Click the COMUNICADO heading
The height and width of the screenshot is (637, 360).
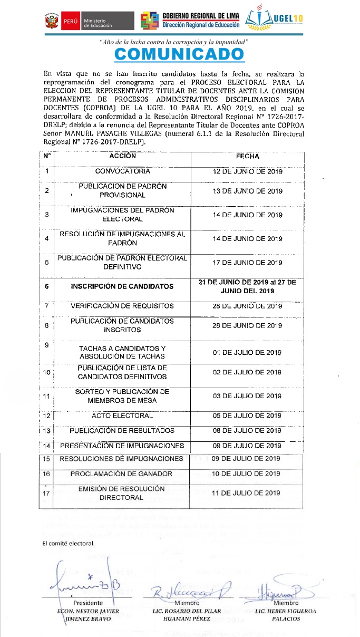point(179,54)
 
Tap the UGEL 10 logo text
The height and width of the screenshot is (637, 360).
point(289,20)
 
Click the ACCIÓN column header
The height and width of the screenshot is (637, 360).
point(122,156)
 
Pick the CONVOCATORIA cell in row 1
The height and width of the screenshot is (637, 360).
point(122,171)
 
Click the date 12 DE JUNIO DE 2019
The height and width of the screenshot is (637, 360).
point(247,171)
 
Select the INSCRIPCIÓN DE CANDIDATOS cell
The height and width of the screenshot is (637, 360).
point(122,286)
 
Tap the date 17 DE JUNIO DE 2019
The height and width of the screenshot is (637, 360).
point(247,263)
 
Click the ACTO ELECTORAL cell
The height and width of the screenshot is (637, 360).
point(122,416)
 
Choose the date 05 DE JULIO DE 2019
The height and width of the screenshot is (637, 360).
point(247,416)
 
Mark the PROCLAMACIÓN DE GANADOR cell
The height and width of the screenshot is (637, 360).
point(121,474)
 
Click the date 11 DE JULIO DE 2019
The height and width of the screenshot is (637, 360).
point(246,493)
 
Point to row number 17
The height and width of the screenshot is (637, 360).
point(46,493)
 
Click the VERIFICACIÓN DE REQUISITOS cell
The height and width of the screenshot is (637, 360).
point(122,306)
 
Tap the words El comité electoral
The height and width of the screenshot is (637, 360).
point(69,544)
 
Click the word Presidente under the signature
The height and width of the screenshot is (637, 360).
point(88,603)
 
